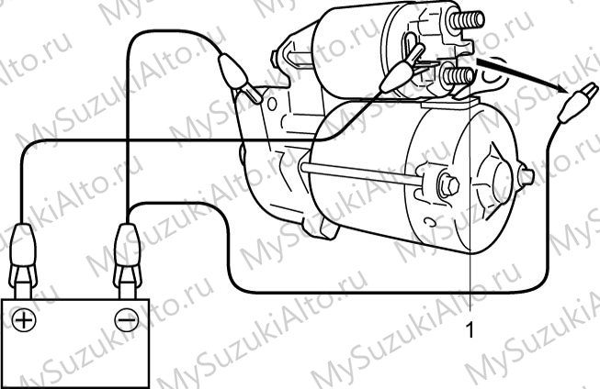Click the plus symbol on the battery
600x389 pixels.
point(24,320)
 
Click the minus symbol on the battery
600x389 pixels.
point(127,319)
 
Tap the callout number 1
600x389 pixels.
point(470,329)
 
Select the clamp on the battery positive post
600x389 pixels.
point(23,261)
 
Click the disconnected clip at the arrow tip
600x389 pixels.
point(577,103)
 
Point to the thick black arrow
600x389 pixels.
point(522,75)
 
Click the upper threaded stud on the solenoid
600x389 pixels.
point(467,19)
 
